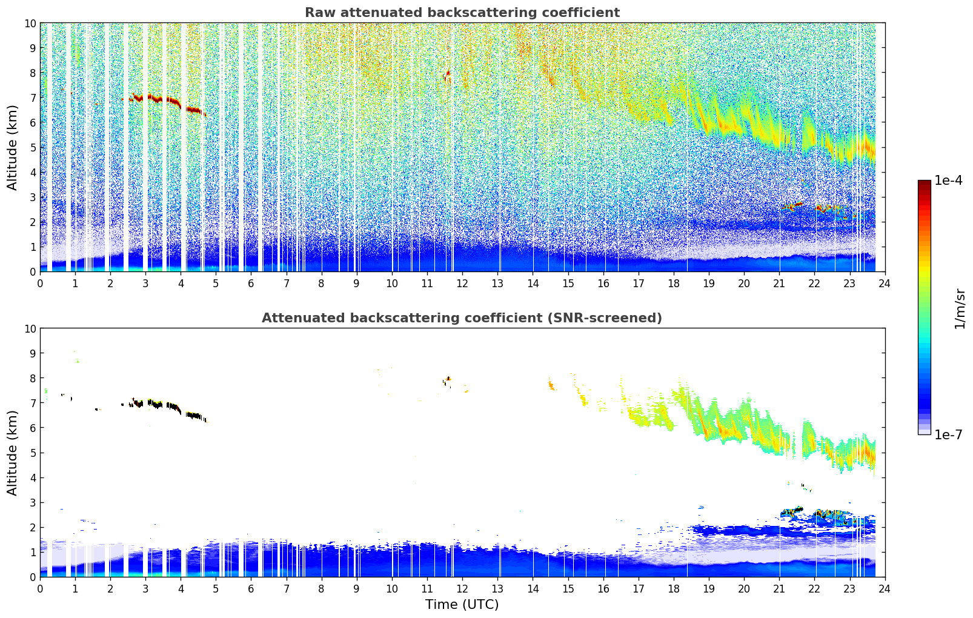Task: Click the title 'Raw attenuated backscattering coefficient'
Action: [x=462, y=13]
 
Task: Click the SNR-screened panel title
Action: [x=462, y=318]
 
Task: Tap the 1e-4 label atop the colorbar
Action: [x=948, y=180]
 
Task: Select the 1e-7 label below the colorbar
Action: [x=948, y=435]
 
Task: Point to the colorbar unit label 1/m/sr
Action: [x=959, y=308]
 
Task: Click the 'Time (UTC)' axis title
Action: [x=462, y=605]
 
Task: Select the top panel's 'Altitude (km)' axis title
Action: [x=12, y=148]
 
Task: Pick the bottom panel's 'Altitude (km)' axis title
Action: [x=12, y=453]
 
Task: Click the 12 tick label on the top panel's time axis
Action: [x=462, y=284]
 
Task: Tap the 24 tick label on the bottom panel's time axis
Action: [x=885, y=589]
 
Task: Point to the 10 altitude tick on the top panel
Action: [x=30, y=24]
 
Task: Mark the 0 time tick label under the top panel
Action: [x=41, y=284]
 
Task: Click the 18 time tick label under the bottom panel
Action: [x=673, y=589]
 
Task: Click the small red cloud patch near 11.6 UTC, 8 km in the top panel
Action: [x=447, y=76]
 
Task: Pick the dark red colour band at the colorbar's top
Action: [x=925, y=182]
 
